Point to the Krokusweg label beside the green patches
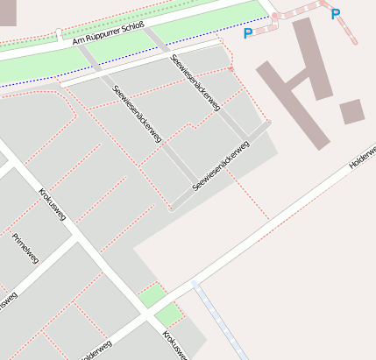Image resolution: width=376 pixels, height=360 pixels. pos(174,344)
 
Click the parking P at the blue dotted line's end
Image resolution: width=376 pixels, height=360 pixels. pos(248,34)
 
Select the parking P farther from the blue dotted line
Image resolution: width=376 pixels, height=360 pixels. pos(335,13)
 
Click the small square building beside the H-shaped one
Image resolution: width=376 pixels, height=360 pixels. pos(352,111)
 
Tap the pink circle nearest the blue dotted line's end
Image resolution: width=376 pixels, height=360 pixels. pos(274,16)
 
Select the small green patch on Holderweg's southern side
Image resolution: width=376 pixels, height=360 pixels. pos(169,314)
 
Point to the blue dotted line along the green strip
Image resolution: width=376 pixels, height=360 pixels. pos(131,62)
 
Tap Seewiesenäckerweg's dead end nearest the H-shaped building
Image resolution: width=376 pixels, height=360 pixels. pos(266,123)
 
